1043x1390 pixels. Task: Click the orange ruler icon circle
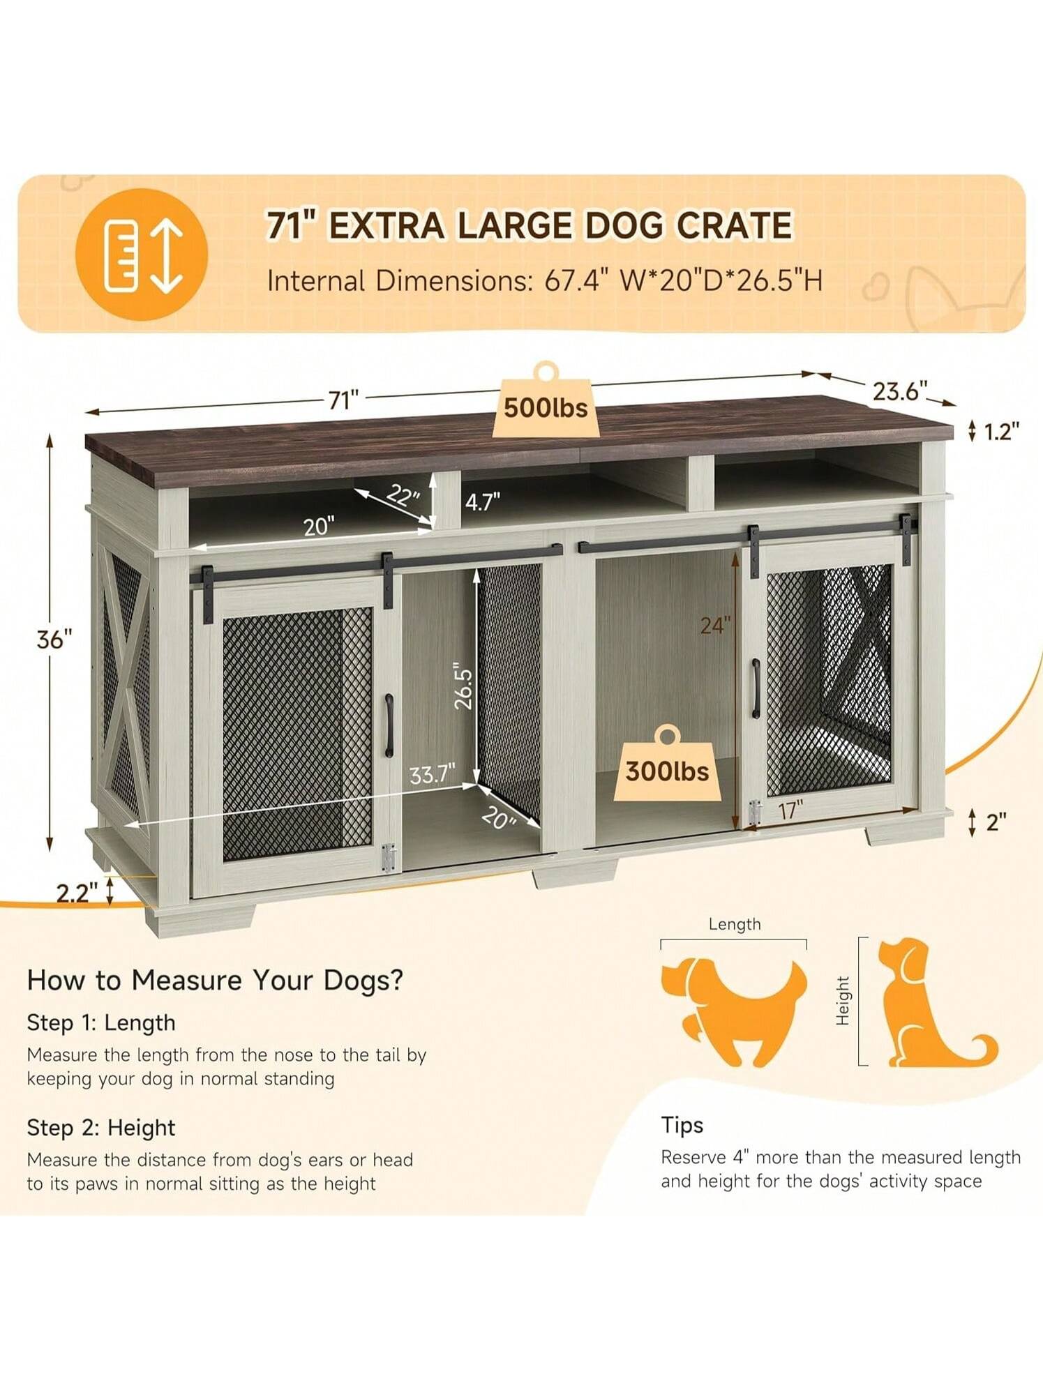click(x=142, y=254)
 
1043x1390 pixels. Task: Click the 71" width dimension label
click(x=343, y=400)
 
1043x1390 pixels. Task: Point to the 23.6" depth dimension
click(x=900, y=391)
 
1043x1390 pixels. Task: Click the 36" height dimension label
click(x=54, y=640)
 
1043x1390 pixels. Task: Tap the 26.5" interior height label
click(x=463, y=689)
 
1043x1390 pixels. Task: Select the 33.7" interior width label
click(x=433, y=774)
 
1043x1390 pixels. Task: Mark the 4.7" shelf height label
click(x=483, y=501)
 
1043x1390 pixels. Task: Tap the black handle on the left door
click(x=389, y=725)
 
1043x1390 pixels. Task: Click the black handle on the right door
click(x=756, y=688)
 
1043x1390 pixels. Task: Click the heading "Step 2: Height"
click(x=100, y=1128)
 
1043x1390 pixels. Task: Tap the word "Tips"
click(x=682, y=1126)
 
